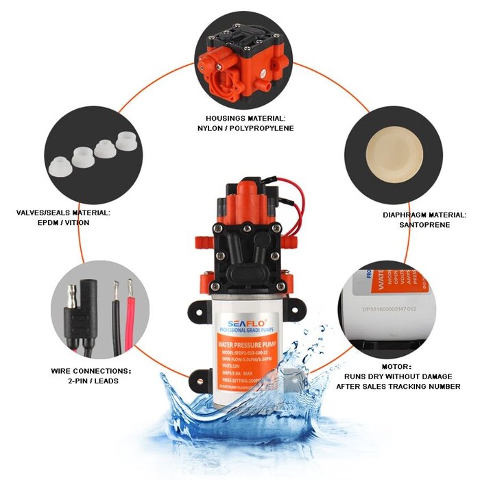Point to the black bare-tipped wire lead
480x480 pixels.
click(x=115, y=315)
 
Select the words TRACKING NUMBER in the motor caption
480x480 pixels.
click(x=429, y=386)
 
